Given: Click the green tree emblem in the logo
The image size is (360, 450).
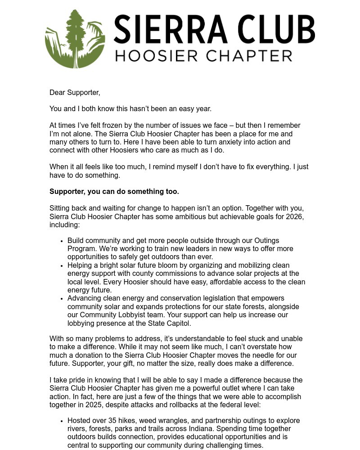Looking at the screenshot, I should point(75,39).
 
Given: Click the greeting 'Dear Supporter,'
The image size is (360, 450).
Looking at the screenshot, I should point(75,93).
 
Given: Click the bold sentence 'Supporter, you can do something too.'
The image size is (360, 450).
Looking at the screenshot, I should point(114,192).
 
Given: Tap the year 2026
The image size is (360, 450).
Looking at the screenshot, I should point(294,217).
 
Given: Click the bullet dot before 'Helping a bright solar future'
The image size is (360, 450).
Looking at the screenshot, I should point(61,265).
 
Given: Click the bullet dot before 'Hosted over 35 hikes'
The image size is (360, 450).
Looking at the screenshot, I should point(61,421).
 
